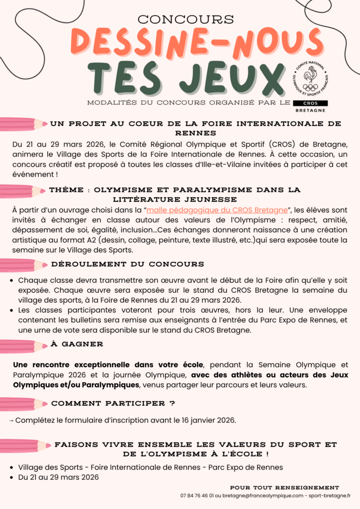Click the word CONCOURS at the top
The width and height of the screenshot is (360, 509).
coord(185,19)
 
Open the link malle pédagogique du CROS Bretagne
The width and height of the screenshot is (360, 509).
coord(217,210)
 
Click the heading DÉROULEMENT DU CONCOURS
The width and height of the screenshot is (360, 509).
coord(128,264)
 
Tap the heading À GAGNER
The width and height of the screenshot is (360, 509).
coord(77,344)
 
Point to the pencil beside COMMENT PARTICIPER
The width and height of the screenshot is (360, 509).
coord(23,405)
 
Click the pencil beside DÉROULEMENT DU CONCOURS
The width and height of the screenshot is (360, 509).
coord(23,265)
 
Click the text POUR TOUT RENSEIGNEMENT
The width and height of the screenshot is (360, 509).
coord(284,488)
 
